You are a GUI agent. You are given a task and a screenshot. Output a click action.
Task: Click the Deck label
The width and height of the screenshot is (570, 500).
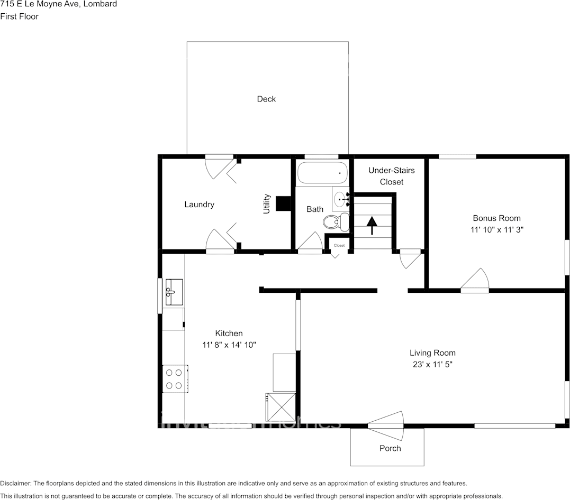(266, 99)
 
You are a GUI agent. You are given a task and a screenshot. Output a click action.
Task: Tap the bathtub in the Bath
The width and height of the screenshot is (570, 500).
(322, 172)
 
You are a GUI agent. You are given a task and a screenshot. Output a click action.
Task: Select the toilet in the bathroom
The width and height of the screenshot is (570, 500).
(337, 221)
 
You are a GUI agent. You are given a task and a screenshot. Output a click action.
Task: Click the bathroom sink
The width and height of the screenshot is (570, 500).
(340, 200)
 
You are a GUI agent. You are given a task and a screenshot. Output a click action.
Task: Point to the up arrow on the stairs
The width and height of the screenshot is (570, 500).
(372, 225)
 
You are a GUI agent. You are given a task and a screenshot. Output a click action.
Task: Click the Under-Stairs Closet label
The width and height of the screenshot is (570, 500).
(391, 176)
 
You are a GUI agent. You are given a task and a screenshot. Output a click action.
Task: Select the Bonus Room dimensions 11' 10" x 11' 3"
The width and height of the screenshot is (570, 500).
(496, 230)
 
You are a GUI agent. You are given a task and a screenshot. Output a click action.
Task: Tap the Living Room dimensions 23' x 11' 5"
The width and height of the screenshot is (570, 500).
(432, 364)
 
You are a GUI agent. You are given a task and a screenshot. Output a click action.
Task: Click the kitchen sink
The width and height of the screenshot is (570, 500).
(173, 291)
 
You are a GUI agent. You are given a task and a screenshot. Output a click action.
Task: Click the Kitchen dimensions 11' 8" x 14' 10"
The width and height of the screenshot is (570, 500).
(229, 345)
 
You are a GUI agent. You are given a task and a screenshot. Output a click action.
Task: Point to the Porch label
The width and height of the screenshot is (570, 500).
(390, 448)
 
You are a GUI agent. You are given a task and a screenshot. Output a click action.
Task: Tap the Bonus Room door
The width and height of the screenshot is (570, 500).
(475, 282)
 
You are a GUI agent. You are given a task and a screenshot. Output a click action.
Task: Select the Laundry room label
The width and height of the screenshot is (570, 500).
(199, 205)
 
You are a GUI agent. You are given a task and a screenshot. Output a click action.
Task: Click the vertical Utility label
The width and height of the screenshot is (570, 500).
(267, 204)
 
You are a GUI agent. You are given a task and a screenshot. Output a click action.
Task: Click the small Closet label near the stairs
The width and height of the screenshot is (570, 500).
(339, 246)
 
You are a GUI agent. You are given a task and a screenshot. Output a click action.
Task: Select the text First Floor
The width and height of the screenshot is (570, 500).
(20, 16)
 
